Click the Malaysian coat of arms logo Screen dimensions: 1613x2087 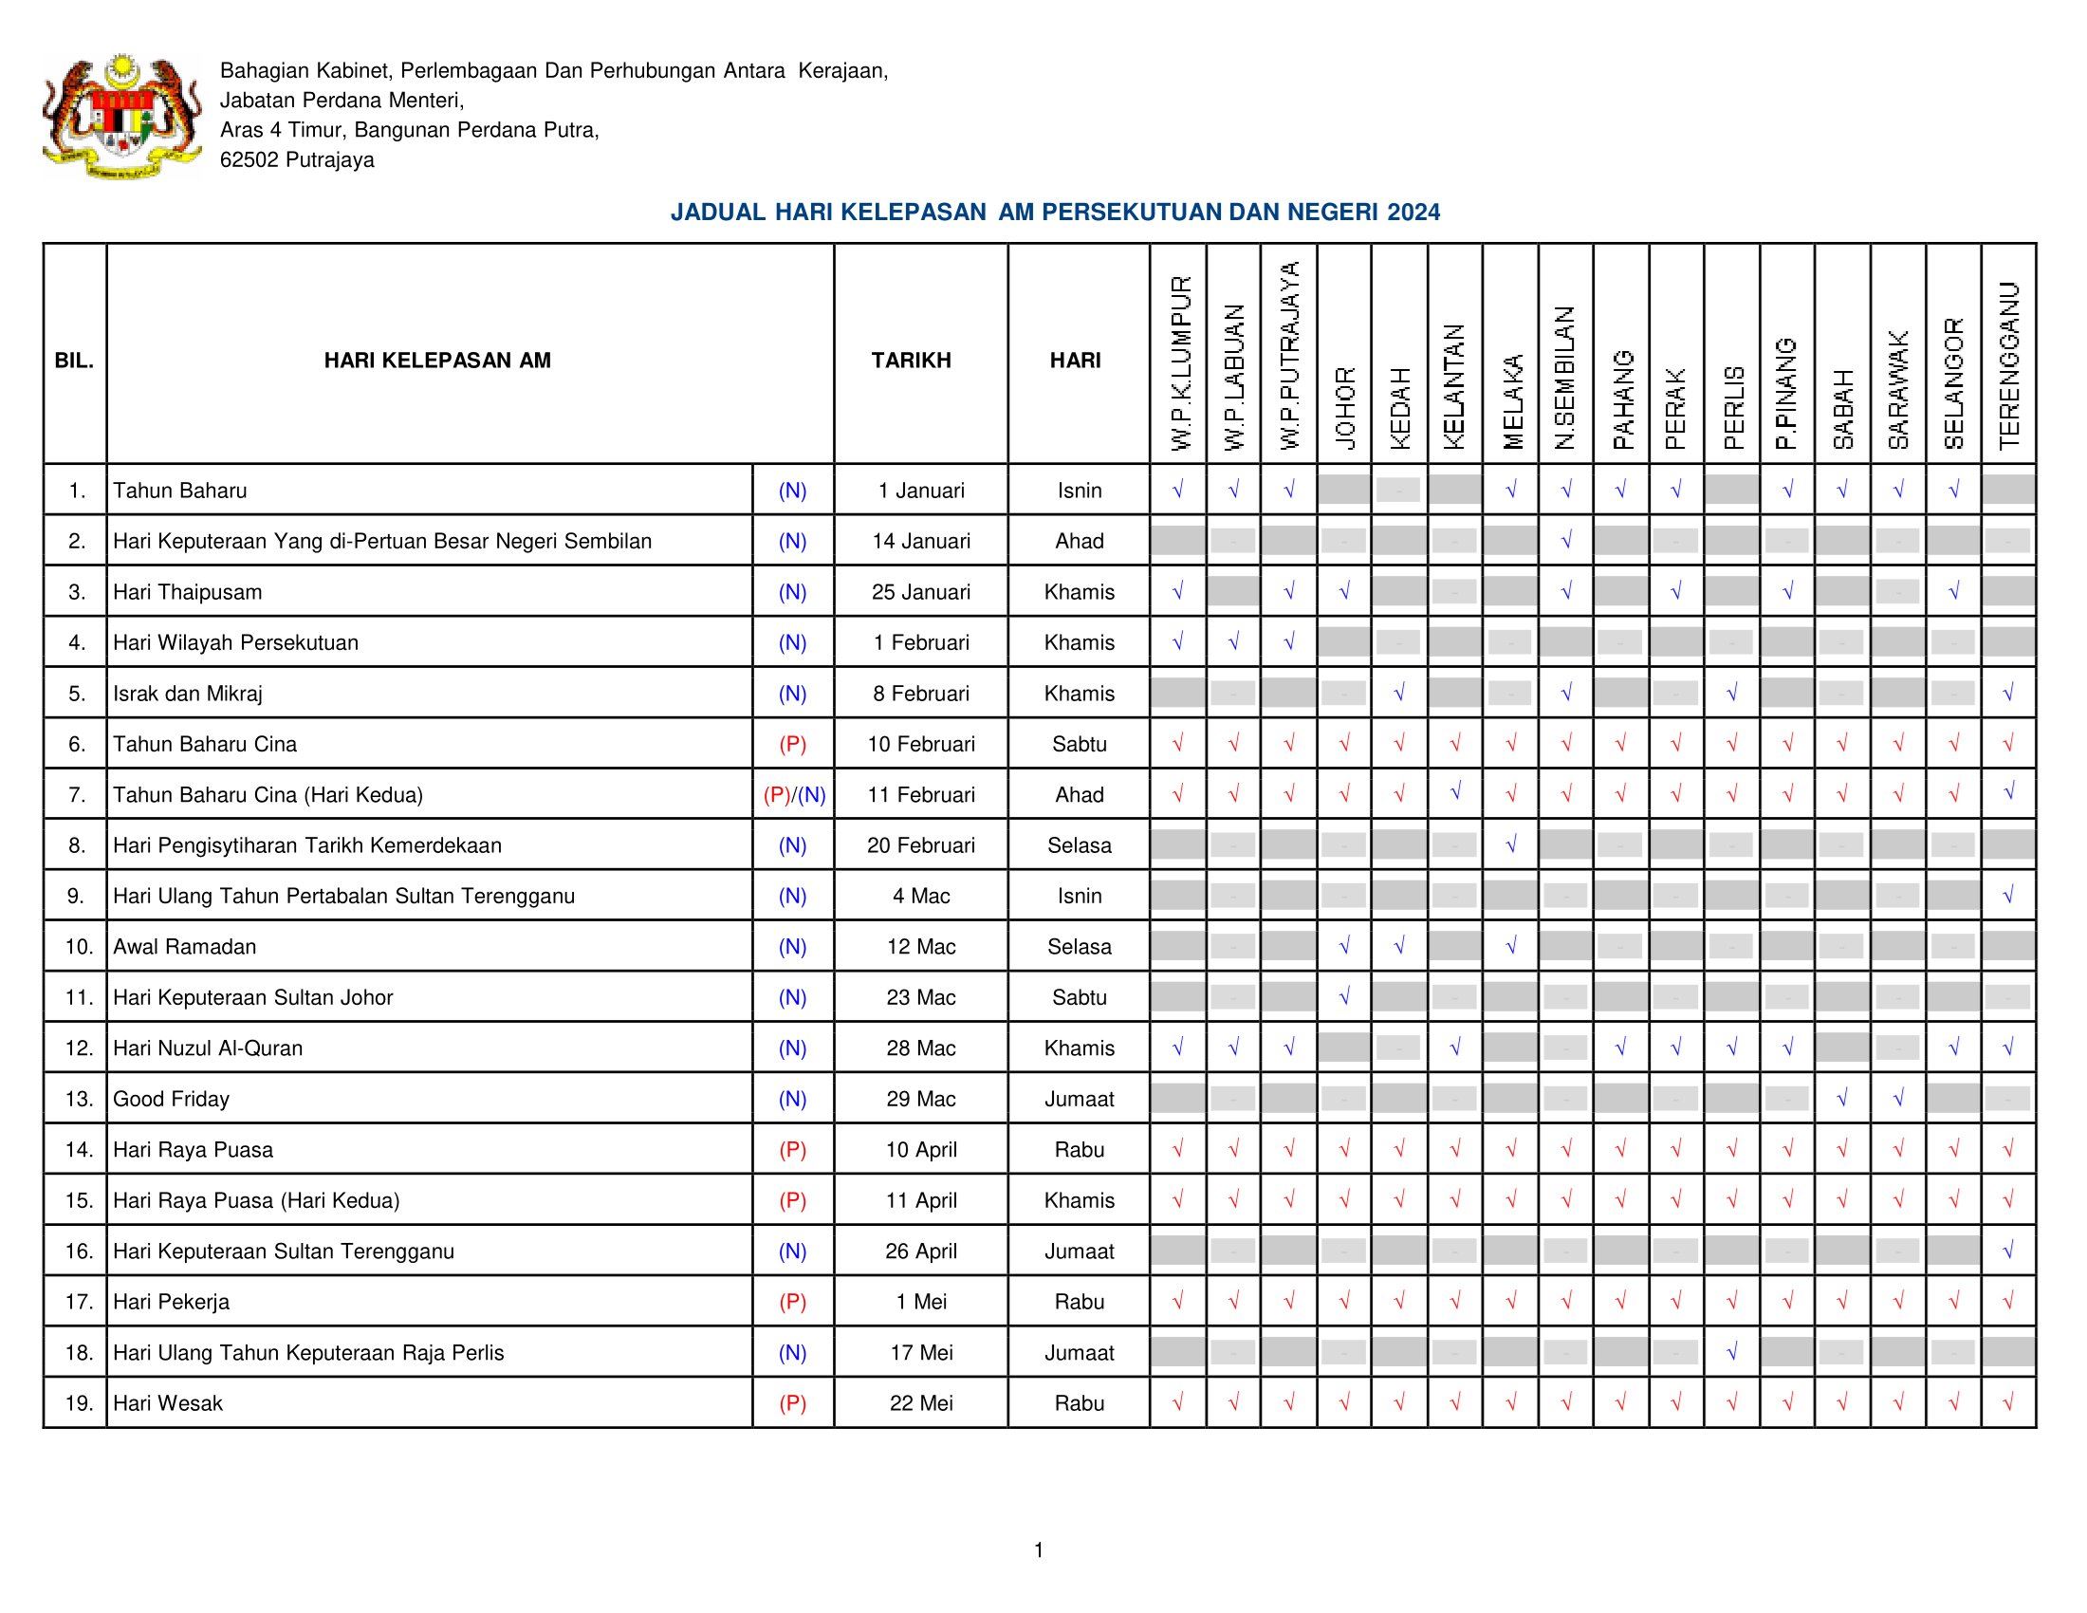click(x=122, y=116)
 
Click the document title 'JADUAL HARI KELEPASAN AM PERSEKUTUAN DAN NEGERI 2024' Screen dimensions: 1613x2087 click(x=1055, y=213)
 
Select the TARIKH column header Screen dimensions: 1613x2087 click(x=911, y=361)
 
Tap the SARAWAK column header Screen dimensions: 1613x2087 click(x=1898, y=389)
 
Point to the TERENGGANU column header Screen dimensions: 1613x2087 click(x=2008, y=365)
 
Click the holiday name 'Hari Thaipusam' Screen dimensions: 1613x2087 click(x=187, y=591)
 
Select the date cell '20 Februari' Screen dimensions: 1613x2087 click(x=921, y=844)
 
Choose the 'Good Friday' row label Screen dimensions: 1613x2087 click(x=171, y=1099)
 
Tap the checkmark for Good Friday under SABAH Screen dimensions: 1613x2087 click(x=1841, y=1099)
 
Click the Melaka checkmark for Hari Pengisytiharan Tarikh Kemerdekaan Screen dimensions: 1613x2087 click(x=1510, y=844)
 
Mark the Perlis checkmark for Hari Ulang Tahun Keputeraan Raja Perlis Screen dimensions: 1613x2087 click(x=1730, y=1351)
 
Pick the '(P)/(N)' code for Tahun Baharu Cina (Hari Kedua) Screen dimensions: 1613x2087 click(x=793, y=794)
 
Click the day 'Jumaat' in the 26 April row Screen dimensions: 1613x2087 click(x=1079, y=1251)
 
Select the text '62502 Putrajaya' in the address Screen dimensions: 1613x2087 click(x=297, y=159)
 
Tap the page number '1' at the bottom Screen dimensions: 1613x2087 click(x=1039, y=1550)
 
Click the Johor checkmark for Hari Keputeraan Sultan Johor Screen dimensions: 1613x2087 click(x=1343, y=996)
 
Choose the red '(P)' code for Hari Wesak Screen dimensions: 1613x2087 click(x=792, y=1402)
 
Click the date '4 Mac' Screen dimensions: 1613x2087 click(x=921, y=896)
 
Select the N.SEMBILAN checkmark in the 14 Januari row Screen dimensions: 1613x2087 click(x=1565, y=541)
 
